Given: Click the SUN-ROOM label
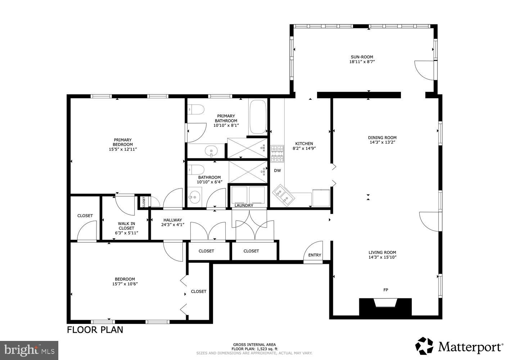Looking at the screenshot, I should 361,57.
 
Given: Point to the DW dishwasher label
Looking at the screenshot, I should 277,171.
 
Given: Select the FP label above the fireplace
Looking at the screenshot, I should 386,290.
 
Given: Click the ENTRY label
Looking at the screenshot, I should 314,255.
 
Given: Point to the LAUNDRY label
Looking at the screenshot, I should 244,206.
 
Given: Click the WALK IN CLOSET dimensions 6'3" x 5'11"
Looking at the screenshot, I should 126,233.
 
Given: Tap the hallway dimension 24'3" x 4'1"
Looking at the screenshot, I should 172,225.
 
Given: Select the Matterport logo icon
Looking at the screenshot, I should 425,346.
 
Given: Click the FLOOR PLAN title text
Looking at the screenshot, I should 95,330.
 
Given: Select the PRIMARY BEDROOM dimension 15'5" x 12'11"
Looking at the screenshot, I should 123,149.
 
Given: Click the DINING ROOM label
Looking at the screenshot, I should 382,138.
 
